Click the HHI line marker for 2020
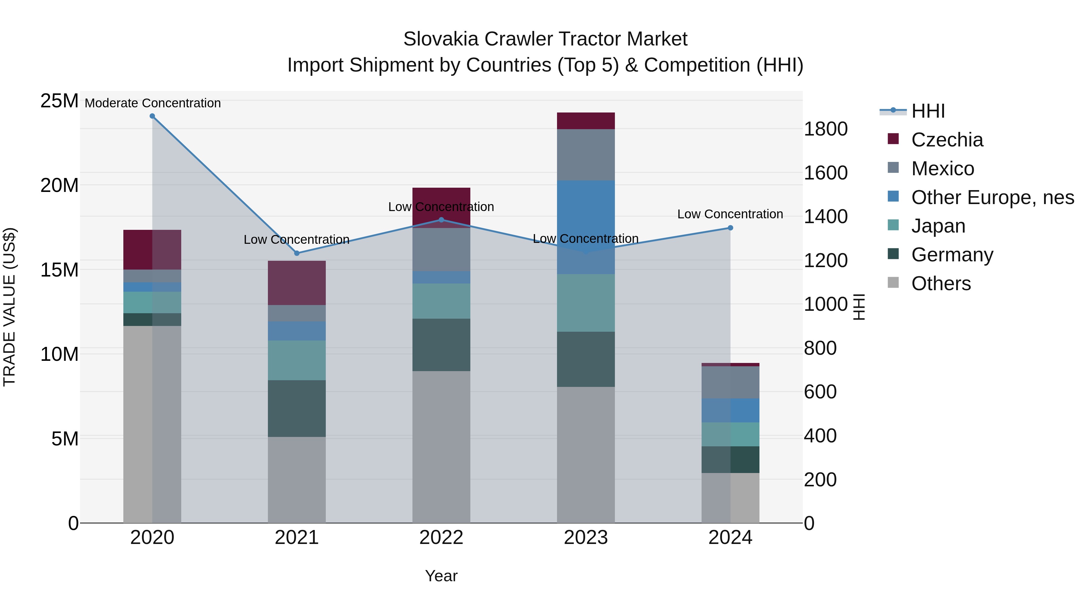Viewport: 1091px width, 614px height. (x=152, y=116)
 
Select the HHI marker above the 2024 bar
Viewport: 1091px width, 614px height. (x=730, y=228)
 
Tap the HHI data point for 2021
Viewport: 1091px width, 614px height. (x=297, y=253)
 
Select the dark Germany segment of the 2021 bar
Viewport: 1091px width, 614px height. (x=297, y=408)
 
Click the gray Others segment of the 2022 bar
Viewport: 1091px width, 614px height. (x=441, y=447)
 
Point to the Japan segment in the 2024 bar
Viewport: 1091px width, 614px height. (x=730, y=434)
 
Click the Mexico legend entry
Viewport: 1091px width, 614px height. (x=942, y=169)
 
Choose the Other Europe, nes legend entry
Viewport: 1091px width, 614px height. (x=992, y=197)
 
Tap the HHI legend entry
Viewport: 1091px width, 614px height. (x=928, y=111)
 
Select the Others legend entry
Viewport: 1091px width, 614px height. (x=941, y=284)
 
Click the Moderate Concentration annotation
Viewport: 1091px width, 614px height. (x=153, y=103)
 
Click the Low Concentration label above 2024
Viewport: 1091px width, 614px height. (x=730, y=214)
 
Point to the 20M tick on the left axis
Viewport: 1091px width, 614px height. (x=59, y=186)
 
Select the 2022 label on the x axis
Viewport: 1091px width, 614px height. (x=441, y=538)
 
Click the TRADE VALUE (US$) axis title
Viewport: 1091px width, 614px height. (x=10, y=307)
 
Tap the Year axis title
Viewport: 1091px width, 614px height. (x=441, y=576)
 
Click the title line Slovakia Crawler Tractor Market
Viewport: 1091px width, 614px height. (x=545, y=39)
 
